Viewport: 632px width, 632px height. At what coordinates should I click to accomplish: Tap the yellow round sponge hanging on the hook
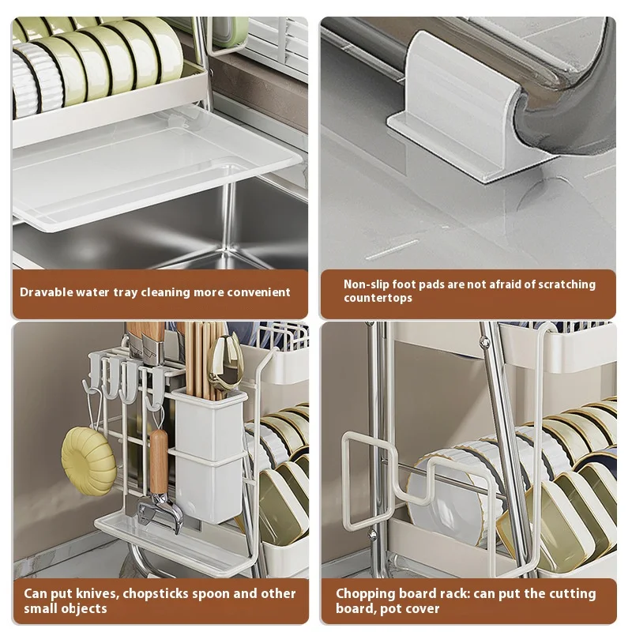point(88,461)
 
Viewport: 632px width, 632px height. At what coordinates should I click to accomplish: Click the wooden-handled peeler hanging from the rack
point(157,482)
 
